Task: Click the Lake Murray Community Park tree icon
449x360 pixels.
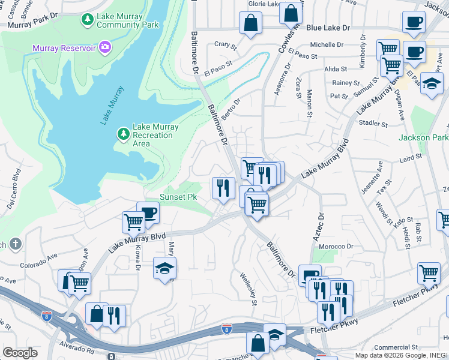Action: [87, 20]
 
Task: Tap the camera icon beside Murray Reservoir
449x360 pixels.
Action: [106, 46]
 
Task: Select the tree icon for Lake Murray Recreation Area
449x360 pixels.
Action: [123, 133]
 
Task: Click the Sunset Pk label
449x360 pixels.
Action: [178, 197]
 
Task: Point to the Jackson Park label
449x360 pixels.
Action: [423, 137]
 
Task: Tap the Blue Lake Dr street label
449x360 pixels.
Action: [328, 28]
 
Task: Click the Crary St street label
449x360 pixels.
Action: [222, 44]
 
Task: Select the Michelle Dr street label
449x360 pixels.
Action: [326, 44]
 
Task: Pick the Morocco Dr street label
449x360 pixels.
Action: [336, 247]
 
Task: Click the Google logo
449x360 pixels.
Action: [20, 352]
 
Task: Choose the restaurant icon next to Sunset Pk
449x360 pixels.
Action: [223, 188]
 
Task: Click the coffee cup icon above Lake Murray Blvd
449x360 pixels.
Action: [148, 212]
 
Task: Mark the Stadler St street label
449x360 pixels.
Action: [373, 124]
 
